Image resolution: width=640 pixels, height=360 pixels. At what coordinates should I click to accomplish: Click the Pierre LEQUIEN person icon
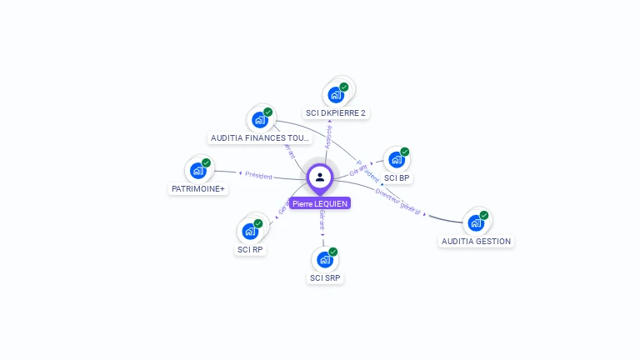[320, 177]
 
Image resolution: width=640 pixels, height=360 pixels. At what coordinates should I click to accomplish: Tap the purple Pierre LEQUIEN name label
[320, 203]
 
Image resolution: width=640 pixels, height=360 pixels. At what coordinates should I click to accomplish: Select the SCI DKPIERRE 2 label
[335, 112]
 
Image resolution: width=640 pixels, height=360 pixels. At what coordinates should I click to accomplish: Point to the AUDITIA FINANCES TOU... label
[260, 137]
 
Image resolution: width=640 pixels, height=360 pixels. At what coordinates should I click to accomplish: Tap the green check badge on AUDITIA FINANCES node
[267, 112]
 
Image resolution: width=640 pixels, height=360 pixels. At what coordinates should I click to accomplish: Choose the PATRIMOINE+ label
[198, 189]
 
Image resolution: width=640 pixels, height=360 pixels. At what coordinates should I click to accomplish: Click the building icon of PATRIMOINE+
[197, 171]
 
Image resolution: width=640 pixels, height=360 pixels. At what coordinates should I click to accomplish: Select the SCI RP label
[250, 249]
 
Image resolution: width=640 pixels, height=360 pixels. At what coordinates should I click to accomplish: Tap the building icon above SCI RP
[249, 231]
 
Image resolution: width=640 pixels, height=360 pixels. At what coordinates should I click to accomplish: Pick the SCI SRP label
[325, 278]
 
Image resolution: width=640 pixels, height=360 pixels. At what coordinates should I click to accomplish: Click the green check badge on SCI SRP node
[332, 252]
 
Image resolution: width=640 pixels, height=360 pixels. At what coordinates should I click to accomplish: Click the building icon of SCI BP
[396, 159]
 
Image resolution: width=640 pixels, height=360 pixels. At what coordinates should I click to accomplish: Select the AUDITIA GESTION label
[476, 241]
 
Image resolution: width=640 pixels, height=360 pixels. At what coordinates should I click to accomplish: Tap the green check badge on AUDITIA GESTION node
[483, 215]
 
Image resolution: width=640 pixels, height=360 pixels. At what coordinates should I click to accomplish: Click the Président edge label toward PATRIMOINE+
[258, 176]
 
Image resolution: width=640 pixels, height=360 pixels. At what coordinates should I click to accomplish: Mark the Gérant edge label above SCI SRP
[322, 220]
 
